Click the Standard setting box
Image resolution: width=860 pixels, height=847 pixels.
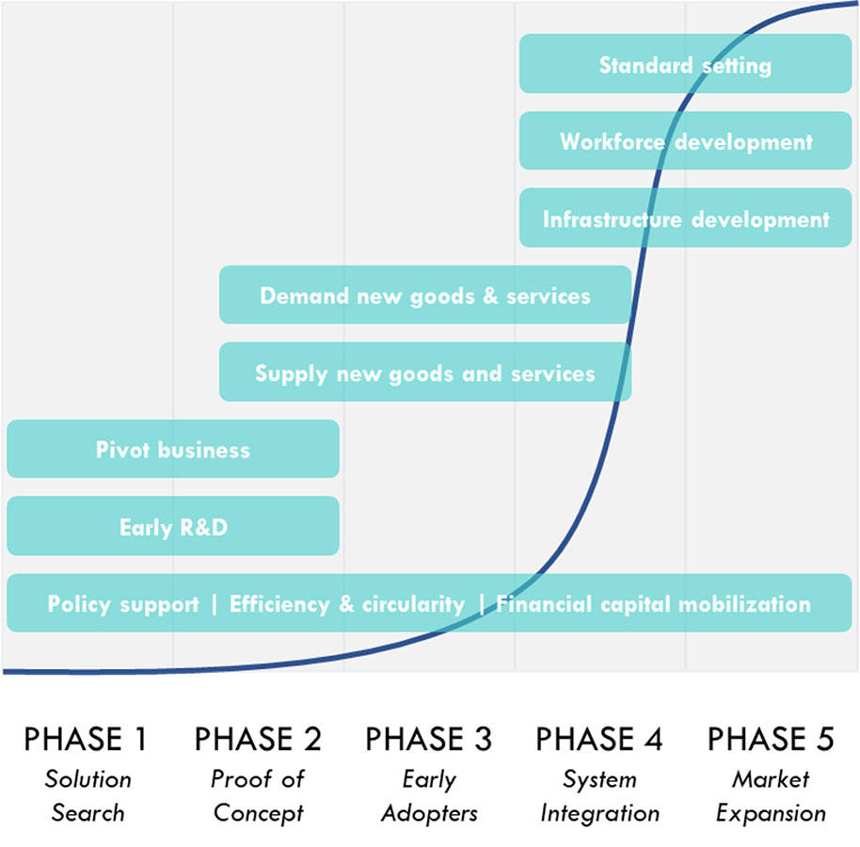click(686, 64)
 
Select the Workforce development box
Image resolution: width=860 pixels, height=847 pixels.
click(686, 141)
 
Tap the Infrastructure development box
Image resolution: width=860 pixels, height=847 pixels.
click(686, 217)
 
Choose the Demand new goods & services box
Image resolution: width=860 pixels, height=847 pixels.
click(425, 296)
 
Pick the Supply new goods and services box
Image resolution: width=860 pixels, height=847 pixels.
click(425, 372)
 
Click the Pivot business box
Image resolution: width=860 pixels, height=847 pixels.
click(173, 449)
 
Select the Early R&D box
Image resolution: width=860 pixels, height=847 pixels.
click(173, 526)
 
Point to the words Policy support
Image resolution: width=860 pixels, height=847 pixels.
click(123, 604)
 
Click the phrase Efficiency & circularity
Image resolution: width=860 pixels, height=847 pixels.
click(347, 604)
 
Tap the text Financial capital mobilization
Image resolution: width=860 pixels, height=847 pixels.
click(653, 604)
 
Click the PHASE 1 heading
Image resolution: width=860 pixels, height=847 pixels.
click(87, 739)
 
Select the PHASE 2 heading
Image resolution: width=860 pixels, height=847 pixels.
click(258, 739)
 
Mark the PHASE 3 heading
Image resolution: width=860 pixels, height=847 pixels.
click(429, 739)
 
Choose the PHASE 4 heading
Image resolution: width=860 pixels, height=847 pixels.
click(599, 739)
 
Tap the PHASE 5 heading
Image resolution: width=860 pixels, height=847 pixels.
click(771, 739)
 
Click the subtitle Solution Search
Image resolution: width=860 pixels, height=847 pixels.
click(88, 795)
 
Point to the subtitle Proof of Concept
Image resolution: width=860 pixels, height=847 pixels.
click(258, 796)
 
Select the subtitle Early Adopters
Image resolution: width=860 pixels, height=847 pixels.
click(429, 796)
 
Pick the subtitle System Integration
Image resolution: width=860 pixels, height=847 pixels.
click(600, 796)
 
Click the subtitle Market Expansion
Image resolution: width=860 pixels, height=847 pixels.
click(771, 796)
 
